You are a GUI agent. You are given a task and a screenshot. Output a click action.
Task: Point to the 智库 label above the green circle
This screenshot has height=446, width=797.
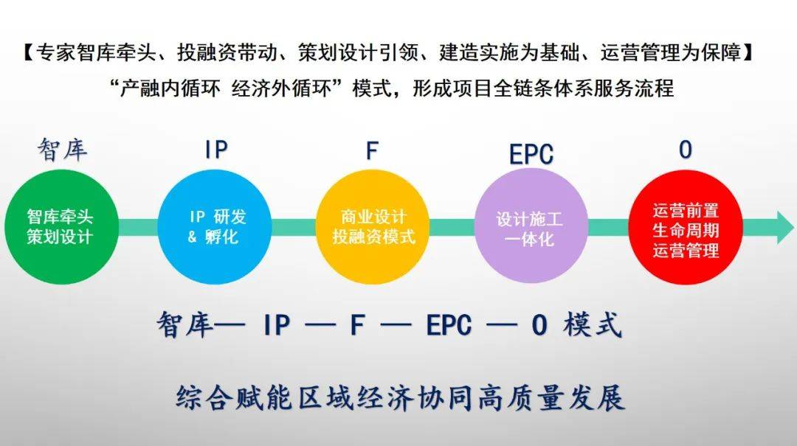[x=62, y=150]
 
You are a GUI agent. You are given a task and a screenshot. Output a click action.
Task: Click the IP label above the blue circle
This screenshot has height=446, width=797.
[x=216, y=150]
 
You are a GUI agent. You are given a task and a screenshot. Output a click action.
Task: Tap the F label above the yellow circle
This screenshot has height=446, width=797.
[x=372, y=150]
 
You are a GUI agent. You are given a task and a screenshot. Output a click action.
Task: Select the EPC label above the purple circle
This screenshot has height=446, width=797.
[x=531, y=154]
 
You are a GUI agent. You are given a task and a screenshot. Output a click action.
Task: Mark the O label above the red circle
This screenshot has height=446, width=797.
[x=686, y=150]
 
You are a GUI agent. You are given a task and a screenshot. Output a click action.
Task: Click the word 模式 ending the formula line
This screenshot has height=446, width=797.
[x=592, y=325]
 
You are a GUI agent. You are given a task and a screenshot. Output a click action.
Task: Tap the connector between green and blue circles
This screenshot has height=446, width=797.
[x=137, y=228]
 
